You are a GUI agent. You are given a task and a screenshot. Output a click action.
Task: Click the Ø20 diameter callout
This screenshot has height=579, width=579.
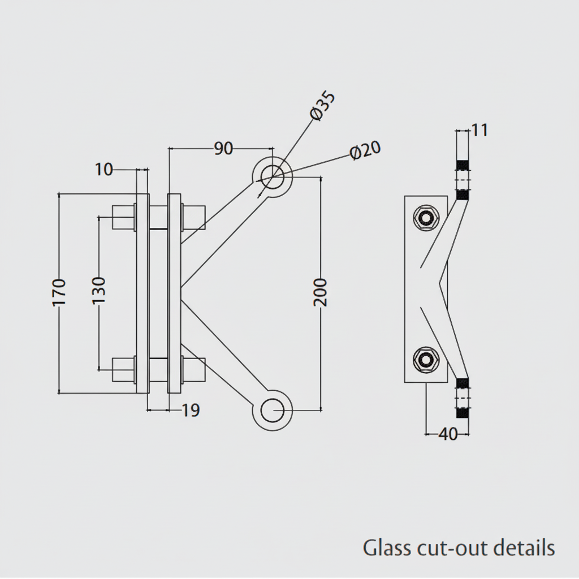365,151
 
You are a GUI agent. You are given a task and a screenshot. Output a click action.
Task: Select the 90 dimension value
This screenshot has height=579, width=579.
223,149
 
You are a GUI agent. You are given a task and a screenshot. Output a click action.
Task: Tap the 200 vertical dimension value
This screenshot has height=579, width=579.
320,292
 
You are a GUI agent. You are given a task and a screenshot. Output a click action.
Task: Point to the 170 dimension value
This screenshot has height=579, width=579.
59,292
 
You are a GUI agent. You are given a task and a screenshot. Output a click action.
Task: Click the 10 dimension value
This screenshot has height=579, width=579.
104,168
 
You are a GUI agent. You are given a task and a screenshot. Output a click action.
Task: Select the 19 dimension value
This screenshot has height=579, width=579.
191,411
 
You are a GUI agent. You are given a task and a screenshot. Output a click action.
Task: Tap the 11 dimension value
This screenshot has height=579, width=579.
479,130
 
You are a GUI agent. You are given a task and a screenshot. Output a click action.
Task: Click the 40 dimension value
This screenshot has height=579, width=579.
448,434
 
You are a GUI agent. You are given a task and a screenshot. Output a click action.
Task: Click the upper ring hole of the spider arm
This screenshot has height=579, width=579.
272,176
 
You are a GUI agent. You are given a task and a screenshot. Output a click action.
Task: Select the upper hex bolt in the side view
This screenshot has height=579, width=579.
425,218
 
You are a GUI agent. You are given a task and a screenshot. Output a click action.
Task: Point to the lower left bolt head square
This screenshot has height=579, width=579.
123,369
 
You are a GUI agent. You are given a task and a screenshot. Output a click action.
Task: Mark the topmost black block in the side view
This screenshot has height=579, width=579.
463,165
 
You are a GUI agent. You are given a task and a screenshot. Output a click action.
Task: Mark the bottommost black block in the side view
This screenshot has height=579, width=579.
463,413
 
